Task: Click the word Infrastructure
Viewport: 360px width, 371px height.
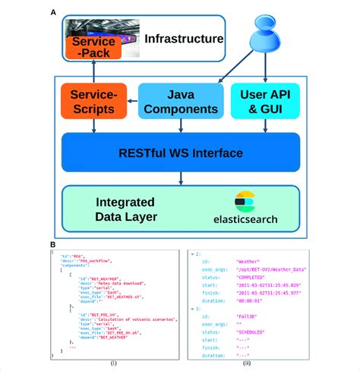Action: pos(184,39)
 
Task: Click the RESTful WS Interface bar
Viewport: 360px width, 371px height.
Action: pos(180,153)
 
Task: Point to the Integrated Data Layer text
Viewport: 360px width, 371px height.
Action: pos(128,211)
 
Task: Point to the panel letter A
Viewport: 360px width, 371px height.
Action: pos(52,12)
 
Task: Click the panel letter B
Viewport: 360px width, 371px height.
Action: pos(52,245)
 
